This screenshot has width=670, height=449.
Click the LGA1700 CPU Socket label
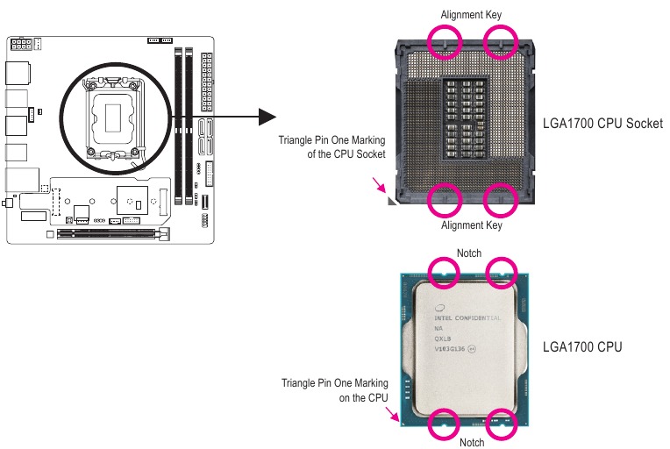pyautogui.click(x=602, y=123)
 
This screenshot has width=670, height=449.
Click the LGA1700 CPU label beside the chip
pyautogui.click(x=583, y=346)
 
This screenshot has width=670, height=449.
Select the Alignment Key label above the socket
pyautogui.click(x=470, y=14)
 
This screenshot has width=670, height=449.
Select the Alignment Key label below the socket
pyautogui.click(x=472, y=225)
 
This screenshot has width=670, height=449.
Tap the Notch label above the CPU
pyautogui.click(x=469, y=253)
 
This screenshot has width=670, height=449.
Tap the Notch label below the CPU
pyautogui.click(x=471, y=442)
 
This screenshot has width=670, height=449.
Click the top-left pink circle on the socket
pyautogui.click(x=445, y=39)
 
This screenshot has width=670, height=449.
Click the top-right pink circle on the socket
pyautogui.click(x=502, y=39)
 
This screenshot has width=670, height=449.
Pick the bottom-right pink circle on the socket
pyautogui.click(x=502, y=198)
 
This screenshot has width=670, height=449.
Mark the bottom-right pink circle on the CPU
pyautogui.click(x=503, y=422)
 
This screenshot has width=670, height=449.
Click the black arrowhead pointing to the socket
pyautogui.click(x=267, y=117)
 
